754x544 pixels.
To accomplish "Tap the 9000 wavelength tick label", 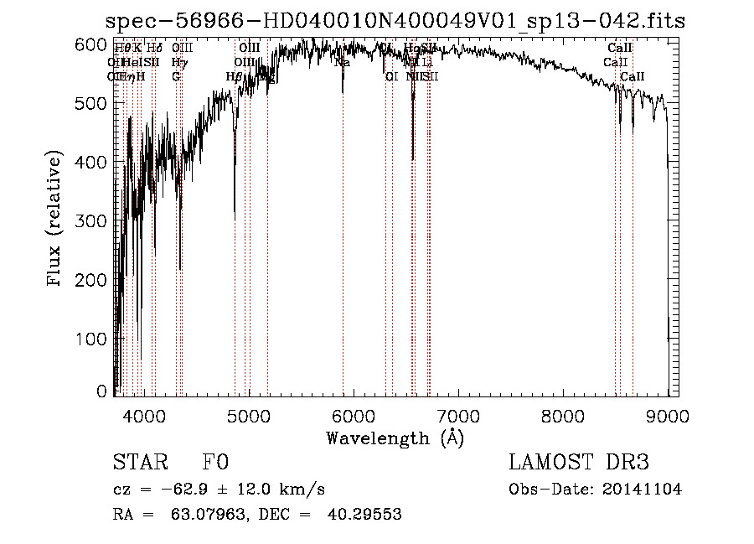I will click(668, 414).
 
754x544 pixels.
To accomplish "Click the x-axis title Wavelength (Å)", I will click(395, 438).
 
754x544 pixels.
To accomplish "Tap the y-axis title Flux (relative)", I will click(56, 220).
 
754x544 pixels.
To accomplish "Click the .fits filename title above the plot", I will click(395, 21).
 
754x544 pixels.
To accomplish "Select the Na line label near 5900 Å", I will click(342, 62).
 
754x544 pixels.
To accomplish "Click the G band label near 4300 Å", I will click(176, 76).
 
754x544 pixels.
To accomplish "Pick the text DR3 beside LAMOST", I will click(625, 463).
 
